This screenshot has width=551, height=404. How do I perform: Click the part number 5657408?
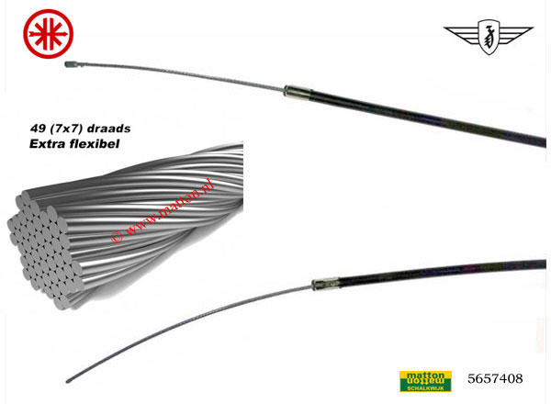point(496,377)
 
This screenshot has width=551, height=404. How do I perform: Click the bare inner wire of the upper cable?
point(184,75)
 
